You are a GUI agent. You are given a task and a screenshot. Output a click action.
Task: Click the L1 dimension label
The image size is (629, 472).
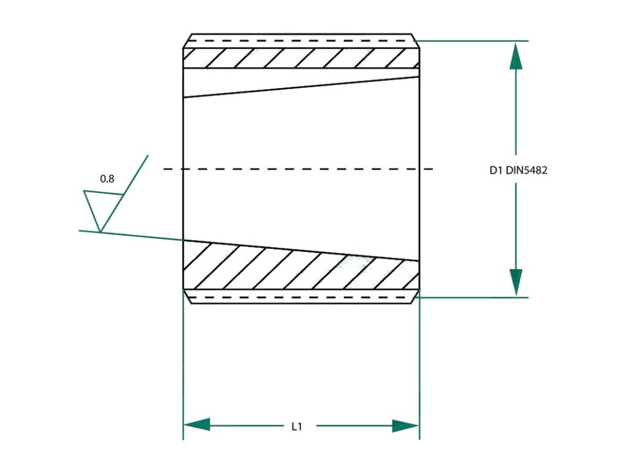[x=297, y=426]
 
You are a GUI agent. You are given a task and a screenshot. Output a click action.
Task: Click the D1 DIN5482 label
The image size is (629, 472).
[x=518, y=171]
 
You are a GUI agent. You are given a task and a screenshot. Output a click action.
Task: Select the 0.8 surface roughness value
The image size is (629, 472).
[x=107, y=179]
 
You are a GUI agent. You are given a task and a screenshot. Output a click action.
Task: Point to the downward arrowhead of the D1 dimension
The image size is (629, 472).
[x=516, y=281]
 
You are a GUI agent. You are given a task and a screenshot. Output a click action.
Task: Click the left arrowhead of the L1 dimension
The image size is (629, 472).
[x=197, y=425]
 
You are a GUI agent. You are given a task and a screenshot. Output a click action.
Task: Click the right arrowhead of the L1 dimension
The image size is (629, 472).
[x=405, y=425]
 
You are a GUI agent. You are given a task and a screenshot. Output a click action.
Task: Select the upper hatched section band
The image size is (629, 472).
[x=301, y=58]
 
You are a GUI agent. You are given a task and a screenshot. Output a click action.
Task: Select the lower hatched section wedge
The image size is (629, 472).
[x=301, y=267]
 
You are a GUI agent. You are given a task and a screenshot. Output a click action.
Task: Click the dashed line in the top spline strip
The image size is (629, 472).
[x=301, y=41]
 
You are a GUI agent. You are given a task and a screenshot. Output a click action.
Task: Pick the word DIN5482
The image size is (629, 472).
[x=526, y=171]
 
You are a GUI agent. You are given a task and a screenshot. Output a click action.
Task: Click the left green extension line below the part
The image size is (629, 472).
[x=183, y=369]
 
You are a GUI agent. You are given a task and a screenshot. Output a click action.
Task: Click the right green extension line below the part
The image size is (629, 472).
[x=420, y=369]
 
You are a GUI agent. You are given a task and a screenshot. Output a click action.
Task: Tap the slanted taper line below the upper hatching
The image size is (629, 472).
[x=301, y=87]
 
